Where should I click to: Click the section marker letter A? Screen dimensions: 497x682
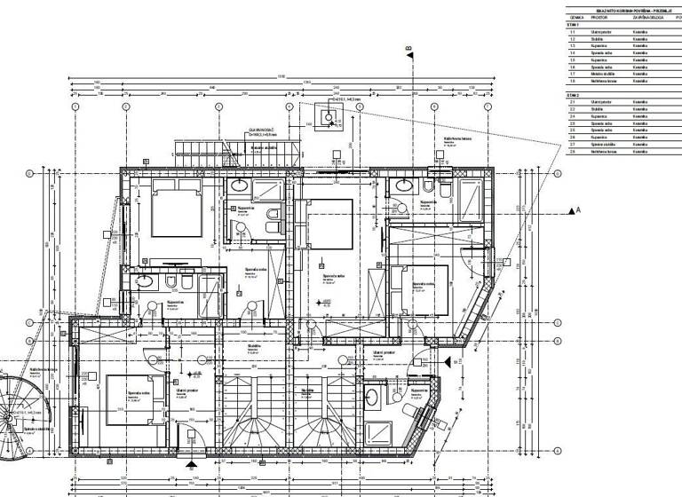click(577, 210)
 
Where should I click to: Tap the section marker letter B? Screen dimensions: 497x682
click(408, 48)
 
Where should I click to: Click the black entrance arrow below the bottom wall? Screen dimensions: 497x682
click(190, 462)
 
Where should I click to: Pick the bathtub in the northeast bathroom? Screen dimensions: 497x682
click(468, 200)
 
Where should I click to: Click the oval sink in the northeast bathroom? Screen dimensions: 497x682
click(405, 186)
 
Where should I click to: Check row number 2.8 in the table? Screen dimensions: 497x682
click(573, 153)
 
